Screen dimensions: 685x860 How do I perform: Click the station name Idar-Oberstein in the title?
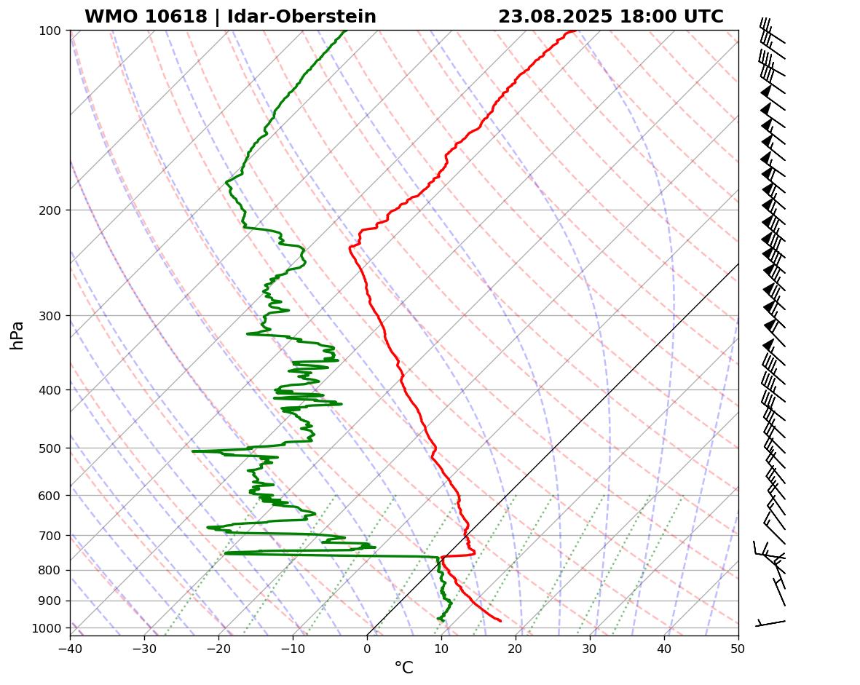click(x=301, y=17)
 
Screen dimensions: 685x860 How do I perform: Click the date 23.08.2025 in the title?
click(x=556, y=17)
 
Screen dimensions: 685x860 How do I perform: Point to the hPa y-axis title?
click(x=17, y=335)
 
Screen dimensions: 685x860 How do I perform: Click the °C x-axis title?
click(x=403, y=668)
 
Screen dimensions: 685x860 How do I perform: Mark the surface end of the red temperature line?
click(x=500, y=620)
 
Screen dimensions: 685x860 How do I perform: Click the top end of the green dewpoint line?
click(x=345, y=31)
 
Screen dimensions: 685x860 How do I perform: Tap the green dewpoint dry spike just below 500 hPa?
click(x=194, y=451)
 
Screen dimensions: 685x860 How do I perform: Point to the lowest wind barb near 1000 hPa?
click(x=770, y=623)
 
